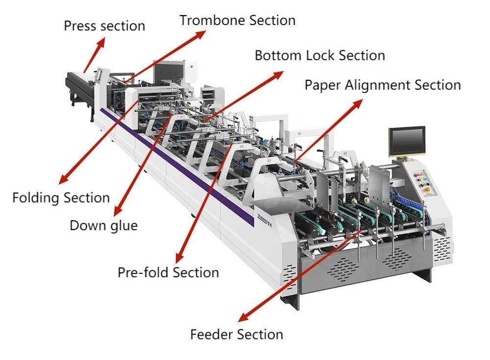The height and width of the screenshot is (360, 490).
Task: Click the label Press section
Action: tap(104, 26)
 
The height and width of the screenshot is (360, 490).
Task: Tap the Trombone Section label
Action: tap(237, 21)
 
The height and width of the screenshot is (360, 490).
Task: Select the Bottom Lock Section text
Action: tap(319, 55)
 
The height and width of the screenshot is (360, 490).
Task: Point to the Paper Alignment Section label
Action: tap(382, 85)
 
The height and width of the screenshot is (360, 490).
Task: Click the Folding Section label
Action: tap(61, 198)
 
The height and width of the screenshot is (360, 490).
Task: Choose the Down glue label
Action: tap(103, 225)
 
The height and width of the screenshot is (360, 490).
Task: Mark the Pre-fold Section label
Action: tap(168, 272)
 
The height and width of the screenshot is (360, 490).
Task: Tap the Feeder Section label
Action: tap(236, 335)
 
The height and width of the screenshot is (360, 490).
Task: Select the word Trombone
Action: tap(213, 21)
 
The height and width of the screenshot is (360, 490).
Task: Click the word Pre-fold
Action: tap(141, 272)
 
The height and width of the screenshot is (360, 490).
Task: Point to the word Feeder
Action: tap(212, 335)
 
